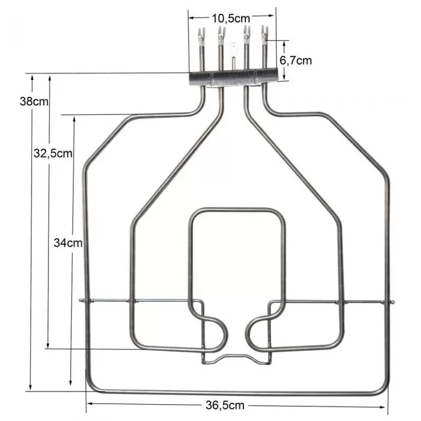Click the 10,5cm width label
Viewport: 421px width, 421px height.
[232, 18]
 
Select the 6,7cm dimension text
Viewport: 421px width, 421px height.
[295, 60]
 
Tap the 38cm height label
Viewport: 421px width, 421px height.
[34, 102]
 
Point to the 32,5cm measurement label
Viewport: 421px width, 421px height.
[53, 153]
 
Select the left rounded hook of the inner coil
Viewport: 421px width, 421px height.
[217, 334]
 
